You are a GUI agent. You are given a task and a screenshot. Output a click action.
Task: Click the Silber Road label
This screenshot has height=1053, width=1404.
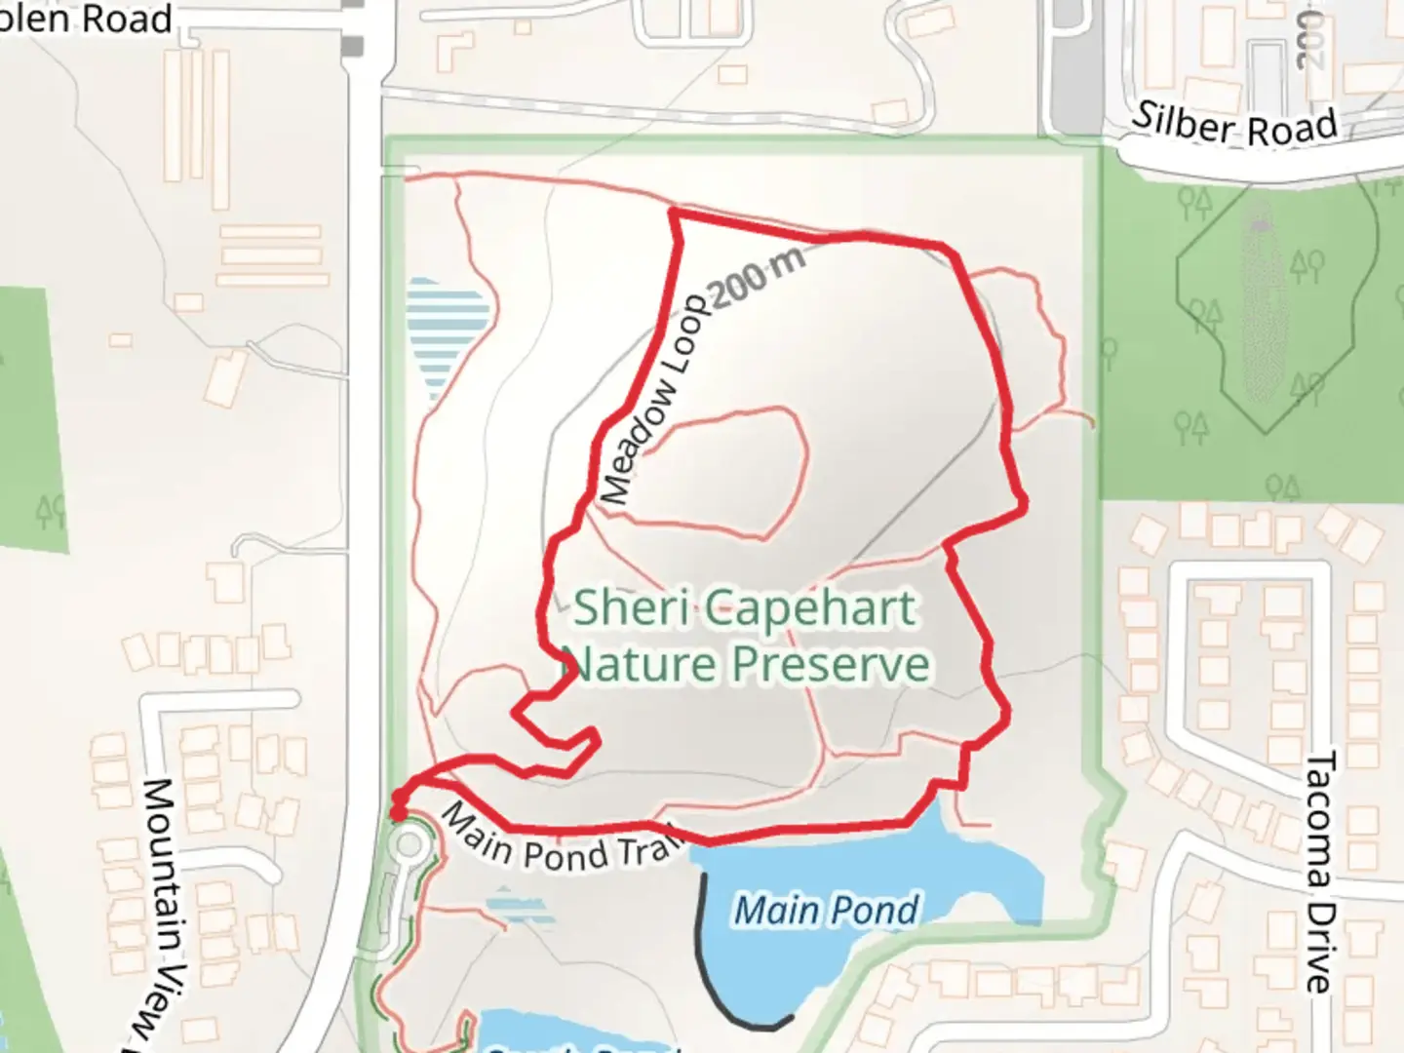point(1233,126)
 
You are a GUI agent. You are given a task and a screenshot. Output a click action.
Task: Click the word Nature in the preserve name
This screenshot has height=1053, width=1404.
point(643,665)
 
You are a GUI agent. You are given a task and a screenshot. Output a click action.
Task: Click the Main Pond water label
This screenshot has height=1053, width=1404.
point(825,911)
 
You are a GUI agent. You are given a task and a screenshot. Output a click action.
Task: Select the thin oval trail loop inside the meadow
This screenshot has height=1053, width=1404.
point(726,473)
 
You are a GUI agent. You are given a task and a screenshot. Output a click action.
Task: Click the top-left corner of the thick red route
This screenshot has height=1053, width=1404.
point(674,212)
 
